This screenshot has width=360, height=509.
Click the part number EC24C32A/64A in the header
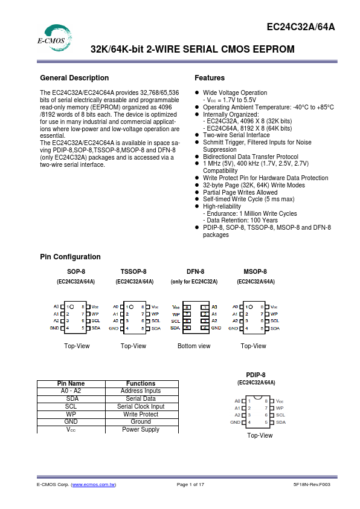coord(300,27)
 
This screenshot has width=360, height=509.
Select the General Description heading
coord(74,78)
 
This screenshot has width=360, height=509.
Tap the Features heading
coord(210,78)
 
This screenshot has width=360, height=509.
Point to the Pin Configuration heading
coord(70,257)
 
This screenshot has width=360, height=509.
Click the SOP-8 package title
coord(76,272)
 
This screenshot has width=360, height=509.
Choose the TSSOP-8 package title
coord(133,272)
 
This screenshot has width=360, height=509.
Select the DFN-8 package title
coord(195,272)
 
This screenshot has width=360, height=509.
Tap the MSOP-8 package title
coord(255,272)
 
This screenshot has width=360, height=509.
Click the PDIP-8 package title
coord(256,375)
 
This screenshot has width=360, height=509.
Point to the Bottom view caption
coord(194,346)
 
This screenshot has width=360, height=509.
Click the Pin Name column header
coord(71,383)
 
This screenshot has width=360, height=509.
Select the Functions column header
coord(141,383)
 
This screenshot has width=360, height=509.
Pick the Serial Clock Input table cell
coord(141,406)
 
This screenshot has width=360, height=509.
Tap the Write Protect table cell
coord(141,414)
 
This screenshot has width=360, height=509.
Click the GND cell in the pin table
coord(71,421)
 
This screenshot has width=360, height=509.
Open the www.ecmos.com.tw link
coord(94,485)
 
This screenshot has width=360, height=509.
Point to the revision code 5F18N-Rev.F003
coord(312,485)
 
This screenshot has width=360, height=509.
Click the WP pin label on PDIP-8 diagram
coord(280,408)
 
